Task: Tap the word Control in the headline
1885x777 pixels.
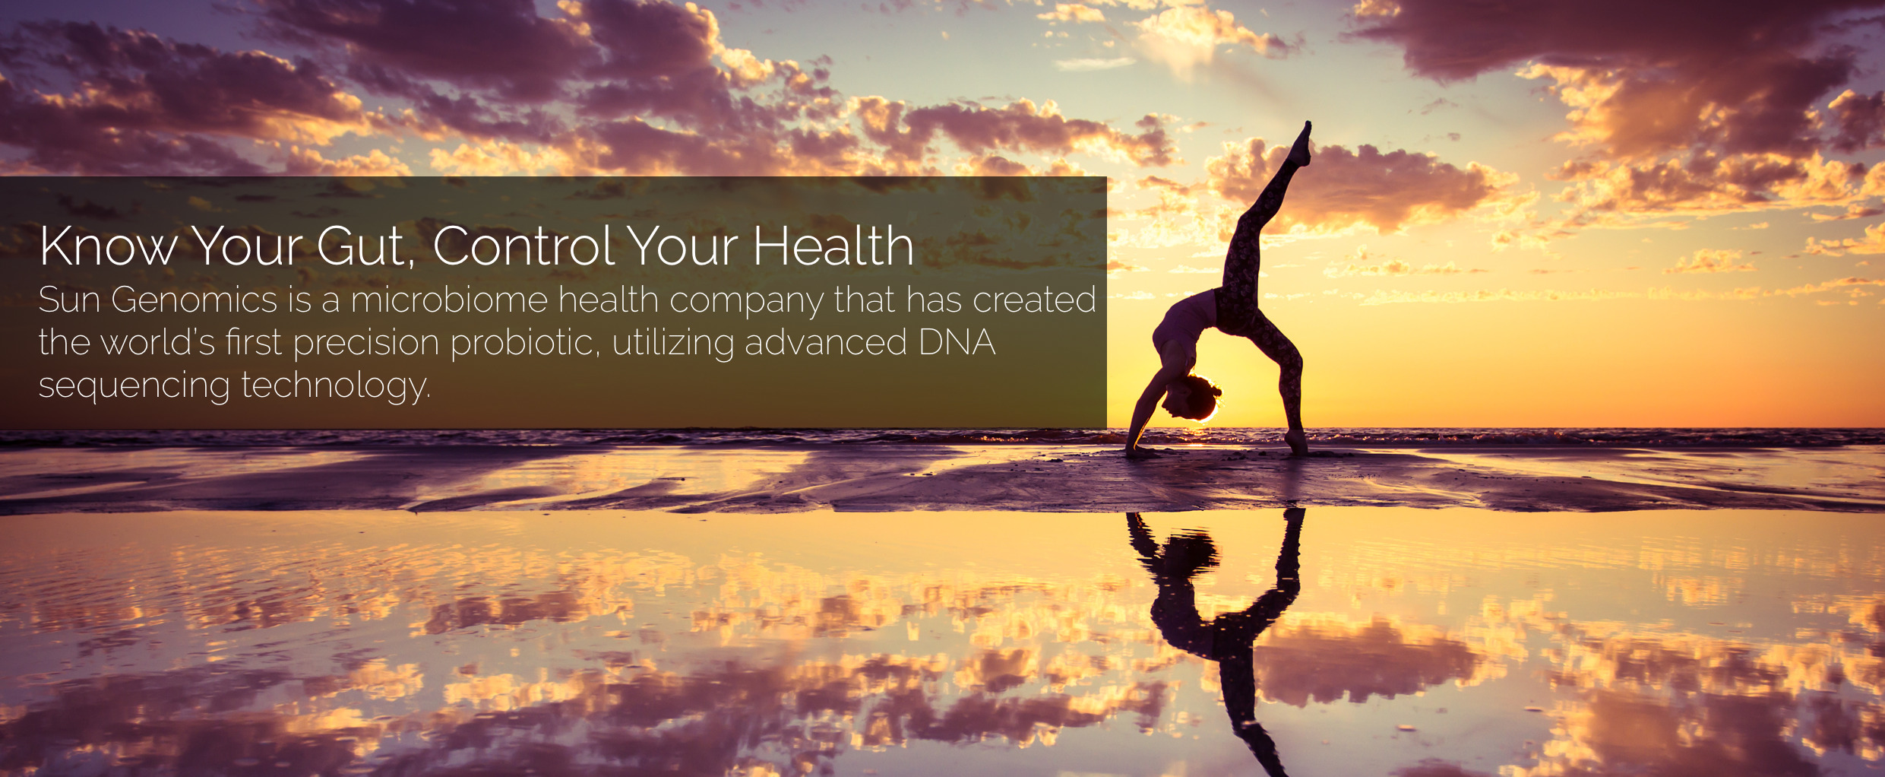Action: pyautogui.click(x=523, y=246)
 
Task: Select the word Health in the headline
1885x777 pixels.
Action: pyautogui.click(x=833, y=246)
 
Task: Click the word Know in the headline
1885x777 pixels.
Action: pyautogui.click(x=109, y=246)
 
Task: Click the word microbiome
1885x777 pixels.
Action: pyautogui.click(x=449, y=299)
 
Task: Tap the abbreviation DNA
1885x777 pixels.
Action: pyautogui.click(x=957, y=342)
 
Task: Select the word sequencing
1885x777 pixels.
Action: pyautogui.click(x=134, y=386)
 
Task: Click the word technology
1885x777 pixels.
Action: pyautogui.click(x=336, y=385)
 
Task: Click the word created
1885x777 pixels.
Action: pyautogui.click(x=1034, y=299)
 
